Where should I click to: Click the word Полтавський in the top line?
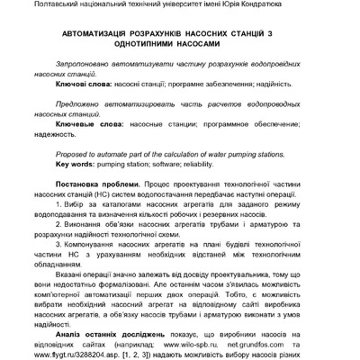[x=32, y=6]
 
